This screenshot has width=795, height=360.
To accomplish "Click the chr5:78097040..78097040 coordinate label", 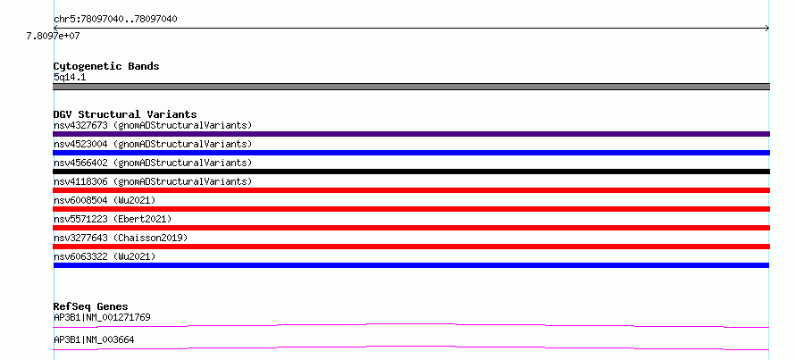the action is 115,20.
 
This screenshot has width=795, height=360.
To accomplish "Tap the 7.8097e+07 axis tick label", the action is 54,36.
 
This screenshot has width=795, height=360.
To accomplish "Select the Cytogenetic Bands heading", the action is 106,66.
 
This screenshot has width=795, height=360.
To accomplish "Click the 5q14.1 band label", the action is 70,77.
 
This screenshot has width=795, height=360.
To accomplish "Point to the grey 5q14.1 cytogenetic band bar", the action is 411,87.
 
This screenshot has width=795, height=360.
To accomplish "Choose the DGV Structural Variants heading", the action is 125,114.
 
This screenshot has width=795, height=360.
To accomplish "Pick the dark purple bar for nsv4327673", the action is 411,134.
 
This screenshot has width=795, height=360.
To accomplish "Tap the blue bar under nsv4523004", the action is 411,153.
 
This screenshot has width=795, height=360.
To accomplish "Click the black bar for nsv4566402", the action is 411,172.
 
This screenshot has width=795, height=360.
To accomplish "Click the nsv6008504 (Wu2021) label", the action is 105,200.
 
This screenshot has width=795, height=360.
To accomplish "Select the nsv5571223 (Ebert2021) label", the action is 113,219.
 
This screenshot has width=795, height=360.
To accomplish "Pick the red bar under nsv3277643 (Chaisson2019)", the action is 411,247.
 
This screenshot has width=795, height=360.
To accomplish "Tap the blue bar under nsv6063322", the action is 411,265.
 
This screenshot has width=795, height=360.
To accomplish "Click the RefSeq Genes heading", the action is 91,306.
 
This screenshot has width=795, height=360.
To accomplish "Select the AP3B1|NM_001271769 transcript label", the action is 102,317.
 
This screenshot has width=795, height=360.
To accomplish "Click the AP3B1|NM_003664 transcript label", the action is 94,339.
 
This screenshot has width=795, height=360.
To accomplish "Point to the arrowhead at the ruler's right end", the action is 768,29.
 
